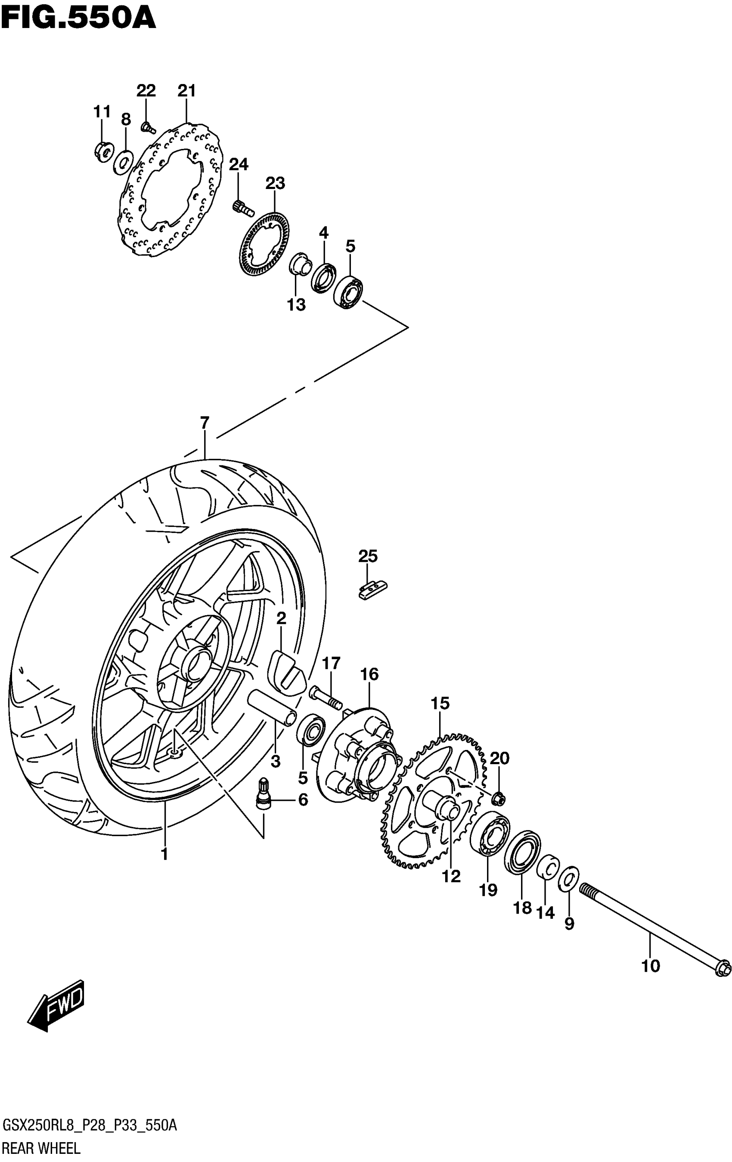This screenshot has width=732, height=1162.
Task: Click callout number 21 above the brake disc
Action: pyautogui.click(x=186, y=91)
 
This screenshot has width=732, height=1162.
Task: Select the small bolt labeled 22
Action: pyautogui.click(x=148, y=128)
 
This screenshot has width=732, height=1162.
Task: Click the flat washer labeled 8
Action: pyautogui.click(x=124, y=161)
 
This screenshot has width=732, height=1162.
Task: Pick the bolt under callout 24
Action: pyautogui.click(x=242, y=208)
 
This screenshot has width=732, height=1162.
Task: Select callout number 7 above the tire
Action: pyautogui.click(x=205, y=423)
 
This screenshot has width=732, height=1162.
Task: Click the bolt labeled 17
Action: pyautogui.click(x=325, y=696)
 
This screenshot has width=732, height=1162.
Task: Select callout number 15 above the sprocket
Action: pyautogui.click(x=440, y=703)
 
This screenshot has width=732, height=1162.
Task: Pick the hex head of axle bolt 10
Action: pyautogui.click(x=723, y=969)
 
